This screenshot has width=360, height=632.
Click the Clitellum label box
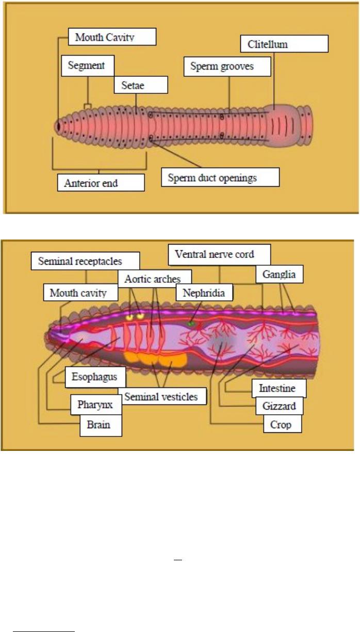pos(284,44)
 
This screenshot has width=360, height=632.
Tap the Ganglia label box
pos(279,274)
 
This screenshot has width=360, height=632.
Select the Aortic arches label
pos(153,279)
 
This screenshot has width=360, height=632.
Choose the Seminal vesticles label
pos(161,396)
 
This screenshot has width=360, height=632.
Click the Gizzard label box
pos(279,406)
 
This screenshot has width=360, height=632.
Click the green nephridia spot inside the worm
pos(191,323)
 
